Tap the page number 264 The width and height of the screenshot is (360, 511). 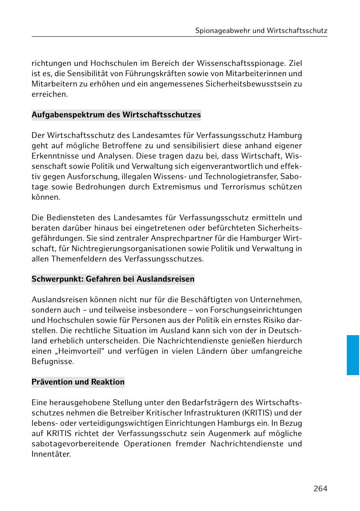coord(320,488)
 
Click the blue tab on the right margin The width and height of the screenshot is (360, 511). coord(353,355)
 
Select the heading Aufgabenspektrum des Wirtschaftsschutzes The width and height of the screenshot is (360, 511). coord(116,115)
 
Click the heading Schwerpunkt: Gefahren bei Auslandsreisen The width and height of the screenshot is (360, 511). coord(113,279)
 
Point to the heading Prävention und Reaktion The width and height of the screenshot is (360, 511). coord(78,382)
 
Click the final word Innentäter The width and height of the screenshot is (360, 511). coord(51,454)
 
